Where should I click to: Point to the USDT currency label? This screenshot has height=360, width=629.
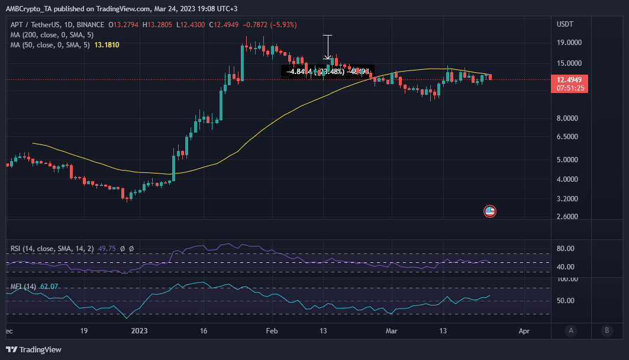(565, 24)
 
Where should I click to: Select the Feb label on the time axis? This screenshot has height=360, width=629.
(271, 330)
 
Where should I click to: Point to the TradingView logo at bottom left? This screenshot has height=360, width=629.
(34, 349)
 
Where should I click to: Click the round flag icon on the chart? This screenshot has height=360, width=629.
(489, 211)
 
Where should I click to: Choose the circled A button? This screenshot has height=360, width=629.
(570, 330)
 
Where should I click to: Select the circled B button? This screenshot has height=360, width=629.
(607, 330)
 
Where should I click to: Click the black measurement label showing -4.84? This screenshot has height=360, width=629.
(327, 72)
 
